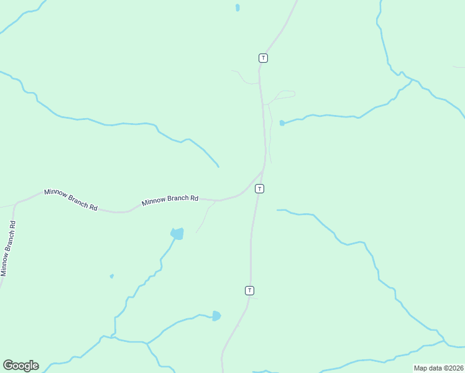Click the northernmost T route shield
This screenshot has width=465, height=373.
[x=263, y=58]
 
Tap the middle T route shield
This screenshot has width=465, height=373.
[x=259, y=188]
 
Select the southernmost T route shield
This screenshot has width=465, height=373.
[x=249, y=290]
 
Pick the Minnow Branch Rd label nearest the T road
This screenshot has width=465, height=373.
[x=170, y=200]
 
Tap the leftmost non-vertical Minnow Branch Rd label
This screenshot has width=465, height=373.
[x=71, y=200]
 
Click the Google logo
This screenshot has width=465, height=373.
[x=21, y=366]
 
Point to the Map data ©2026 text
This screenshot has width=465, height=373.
[x=439, y=368]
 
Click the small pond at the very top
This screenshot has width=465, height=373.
[x=237, y=8]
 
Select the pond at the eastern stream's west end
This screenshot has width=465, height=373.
[x=282, y=123]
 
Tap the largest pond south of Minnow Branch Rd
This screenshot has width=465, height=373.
[x=177, y=234]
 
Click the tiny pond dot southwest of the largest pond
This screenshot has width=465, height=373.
[x=111, y=276]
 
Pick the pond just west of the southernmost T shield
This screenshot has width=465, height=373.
[x=216, y=316]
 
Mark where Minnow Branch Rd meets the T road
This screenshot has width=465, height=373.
[x=264, y=168]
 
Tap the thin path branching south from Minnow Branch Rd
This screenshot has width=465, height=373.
[x=205, y=218]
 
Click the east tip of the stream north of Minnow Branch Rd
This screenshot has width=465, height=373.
[x=218, y=166]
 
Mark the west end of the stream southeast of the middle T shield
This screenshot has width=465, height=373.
[x=278, y=210]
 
